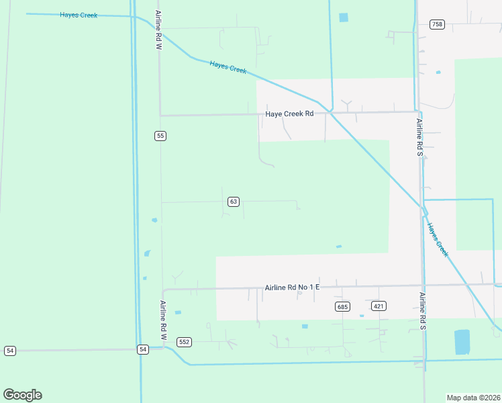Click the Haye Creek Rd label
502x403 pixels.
click(x=289, y=114)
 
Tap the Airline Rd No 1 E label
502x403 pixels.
click(x=293, y=287)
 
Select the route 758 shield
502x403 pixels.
click(x=437, y=24)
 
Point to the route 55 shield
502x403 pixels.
click(x=160, y=136)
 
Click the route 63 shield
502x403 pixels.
click(x=233, y=201)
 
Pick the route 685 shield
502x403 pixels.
click(x=342, y=306)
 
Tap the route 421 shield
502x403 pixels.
click(x=379, y=306)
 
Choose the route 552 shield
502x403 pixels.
click(x=185, y=342)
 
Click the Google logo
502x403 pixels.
click(x=22, y=395)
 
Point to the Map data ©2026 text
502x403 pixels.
click(x=473, y=397)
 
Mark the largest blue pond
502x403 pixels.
click(x=462, y=341)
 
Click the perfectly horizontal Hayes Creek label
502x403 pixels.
click(x=79, y=15)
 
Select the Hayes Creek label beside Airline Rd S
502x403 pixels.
click(x=438, y=240)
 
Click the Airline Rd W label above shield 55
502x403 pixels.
click(x=158, y=30)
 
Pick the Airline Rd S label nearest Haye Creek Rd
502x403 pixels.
click(x=419, y=137)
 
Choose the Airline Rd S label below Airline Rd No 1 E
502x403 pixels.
click(x=422, y=311)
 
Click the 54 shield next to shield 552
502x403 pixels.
click(x=143, y=349)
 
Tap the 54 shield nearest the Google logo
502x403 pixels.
click(x=9, y=351)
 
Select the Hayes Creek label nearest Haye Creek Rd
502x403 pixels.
click(x=228, y=67)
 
